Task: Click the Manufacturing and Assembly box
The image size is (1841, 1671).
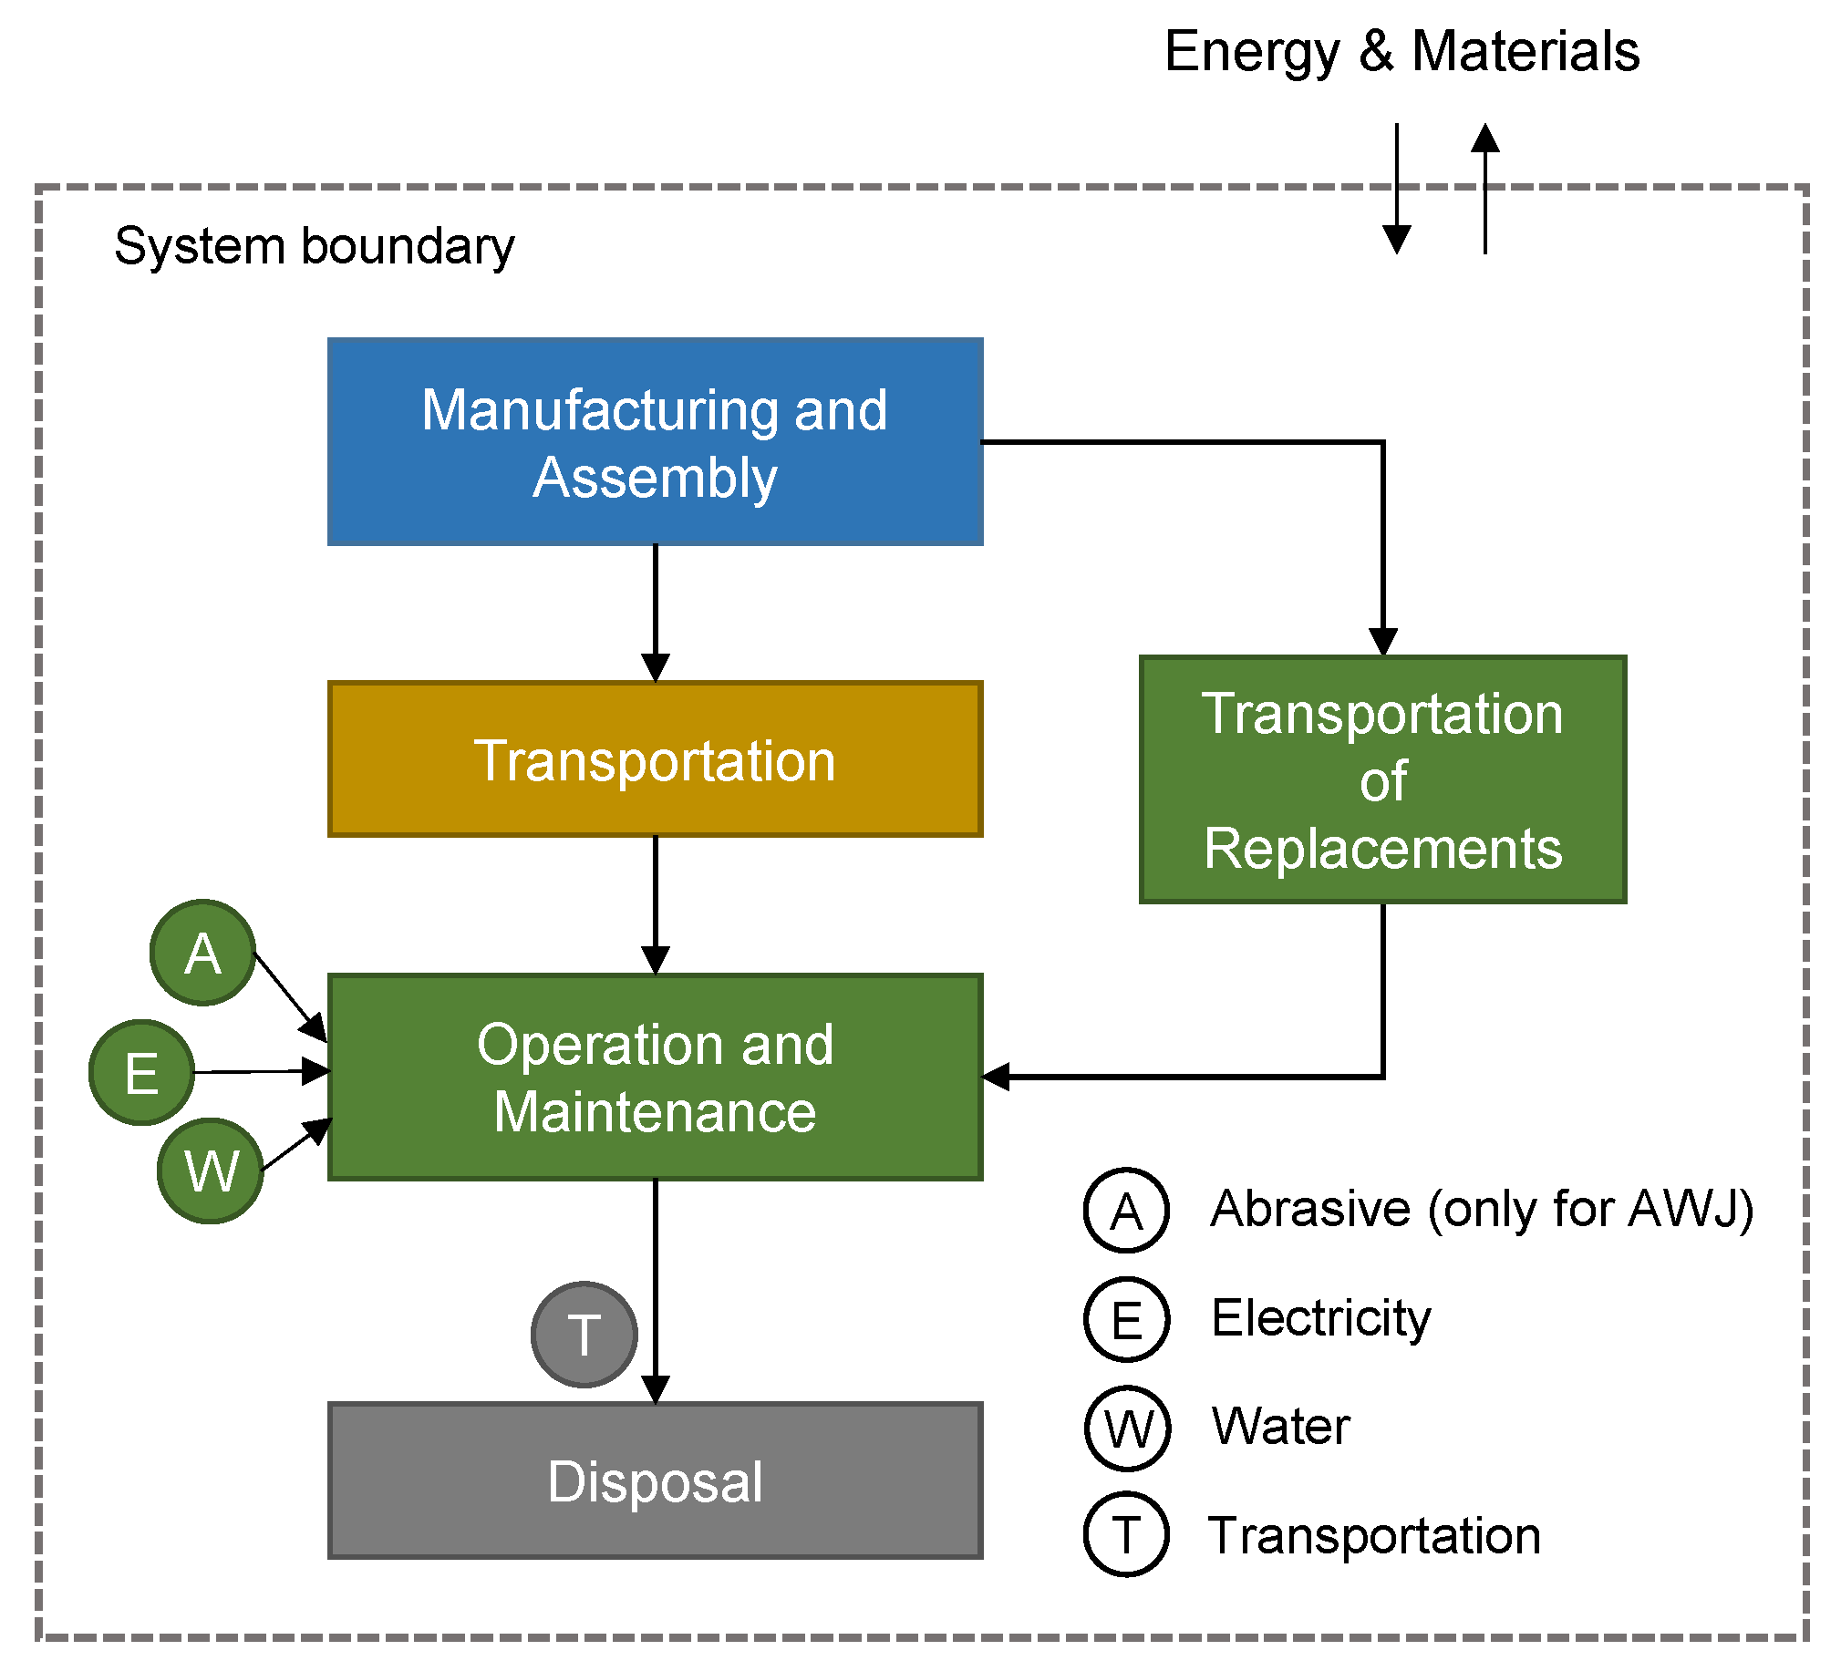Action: point(655,442)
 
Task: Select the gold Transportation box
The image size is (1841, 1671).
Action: point(655,759)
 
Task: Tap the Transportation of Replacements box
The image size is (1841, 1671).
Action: point(1382,779)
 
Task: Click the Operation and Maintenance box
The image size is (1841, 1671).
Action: point(655,1078)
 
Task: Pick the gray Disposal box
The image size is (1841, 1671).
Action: point(655,1481)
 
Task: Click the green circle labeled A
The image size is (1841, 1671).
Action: point(202,954)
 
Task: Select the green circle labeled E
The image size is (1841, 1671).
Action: point(141,1072)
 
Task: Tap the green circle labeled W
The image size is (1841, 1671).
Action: point(211,1171)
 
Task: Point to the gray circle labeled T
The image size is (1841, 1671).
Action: point(584,1334)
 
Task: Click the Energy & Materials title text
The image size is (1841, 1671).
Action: point(1401,51)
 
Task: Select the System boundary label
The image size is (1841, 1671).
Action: point(315,246)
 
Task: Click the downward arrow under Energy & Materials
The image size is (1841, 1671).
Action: point(1397,191)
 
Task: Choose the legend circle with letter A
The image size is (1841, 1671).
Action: point(1126,1210)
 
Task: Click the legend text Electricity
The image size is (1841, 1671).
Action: point(1320,1318)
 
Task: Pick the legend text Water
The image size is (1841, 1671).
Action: point(1280,1427)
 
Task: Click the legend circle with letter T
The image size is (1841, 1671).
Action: point(1126,1535)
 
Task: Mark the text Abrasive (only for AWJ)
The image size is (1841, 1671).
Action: point(1481,1209)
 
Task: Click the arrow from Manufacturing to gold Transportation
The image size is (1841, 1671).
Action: point(656,612)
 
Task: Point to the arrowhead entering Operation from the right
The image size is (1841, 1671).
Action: point(998,1078)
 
